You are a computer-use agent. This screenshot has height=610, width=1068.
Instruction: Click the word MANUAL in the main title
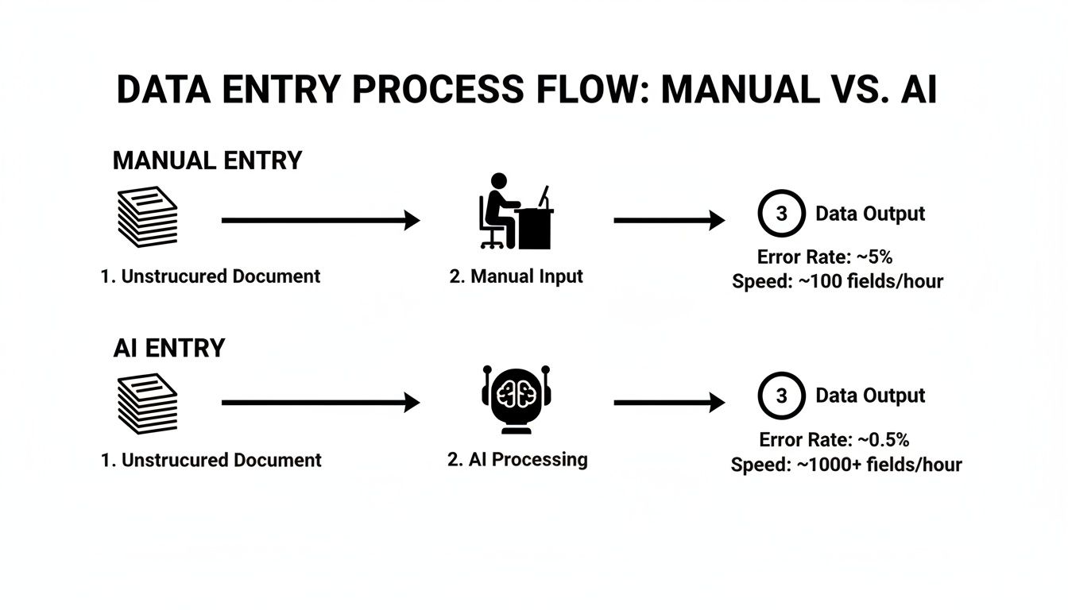tap(740, 89)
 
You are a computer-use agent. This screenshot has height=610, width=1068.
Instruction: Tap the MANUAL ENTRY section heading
tap(207, 160)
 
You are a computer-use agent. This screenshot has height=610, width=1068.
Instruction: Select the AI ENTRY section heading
tap(168, 348)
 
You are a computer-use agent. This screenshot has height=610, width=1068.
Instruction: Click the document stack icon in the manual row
tap(148, 217)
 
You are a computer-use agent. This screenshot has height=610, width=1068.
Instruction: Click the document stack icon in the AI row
tap(148, 403)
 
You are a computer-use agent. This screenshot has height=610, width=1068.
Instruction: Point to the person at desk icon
tap(517, 210)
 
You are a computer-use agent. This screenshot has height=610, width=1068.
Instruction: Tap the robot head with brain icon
tap(517, 400)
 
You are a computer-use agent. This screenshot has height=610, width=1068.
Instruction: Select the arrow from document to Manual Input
tap(321, 220)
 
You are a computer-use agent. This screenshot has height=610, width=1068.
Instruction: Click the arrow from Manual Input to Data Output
tap(669, 220)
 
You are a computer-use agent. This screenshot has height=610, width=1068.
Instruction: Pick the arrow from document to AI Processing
tap(321, 403)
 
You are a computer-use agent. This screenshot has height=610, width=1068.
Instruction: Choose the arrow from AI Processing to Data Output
tap(669, 403)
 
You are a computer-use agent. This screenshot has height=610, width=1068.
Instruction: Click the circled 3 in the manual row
tap(781, 191)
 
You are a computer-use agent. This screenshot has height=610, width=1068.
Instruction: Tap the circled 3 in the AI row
tap(781, 373)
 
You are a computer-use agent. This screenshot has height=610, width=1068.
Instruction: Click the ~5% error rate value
tap(874, 257)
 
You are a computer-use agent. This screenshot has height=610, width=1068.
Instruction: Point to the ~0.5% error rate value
tap(884, 440)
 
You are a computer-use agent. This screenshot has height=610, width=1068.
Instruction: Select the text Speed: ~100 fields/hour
tap(838, 281)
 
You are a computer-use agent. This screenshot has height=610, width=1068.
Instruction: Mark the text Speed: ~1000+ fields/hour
tap(846, 464)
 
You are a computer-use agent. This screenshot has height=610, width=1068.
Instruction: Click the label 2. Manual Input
tap(517, 276)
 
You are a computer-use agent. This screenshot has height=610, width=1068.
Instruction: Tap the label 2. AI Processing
tap(517, 459)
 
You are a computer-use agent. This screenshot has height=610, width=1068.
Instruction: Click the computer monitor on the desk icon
tap(544, 196)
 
